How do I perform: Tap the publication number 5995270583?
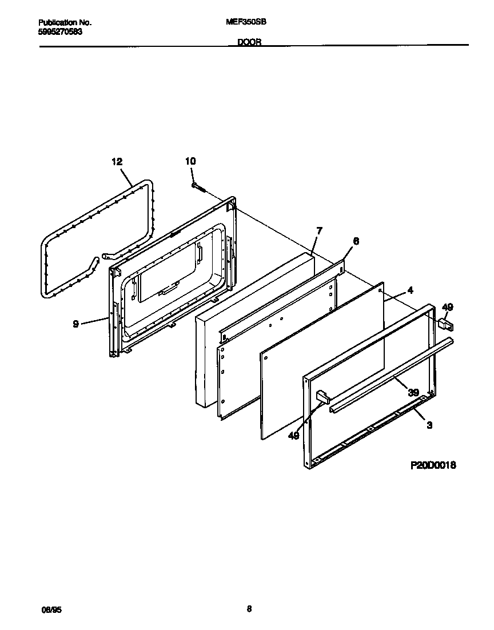pos(60,31)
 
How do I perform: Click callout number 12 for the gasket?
pos(117,162)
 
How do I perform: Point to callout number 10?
pos(190,162)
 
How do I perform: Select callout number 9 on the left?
pos(75,324)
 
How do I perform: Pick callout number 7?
pos(319,230)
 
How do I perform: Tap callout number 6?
pos(356,241)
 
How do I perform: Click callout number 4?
pos(411,290)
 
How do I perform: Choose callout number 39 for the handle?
pos(412,392)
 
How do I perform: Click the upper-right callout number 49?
pos(448,308)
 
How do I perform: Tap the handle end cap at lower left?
pos(323,397)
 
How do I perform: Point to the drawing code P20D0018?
pos(433,466)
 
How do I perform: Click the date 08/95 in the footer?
pos(51,611)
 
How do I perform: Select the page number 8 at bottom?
pos(249,609)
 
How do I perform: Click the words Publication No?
pos(65,22)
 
